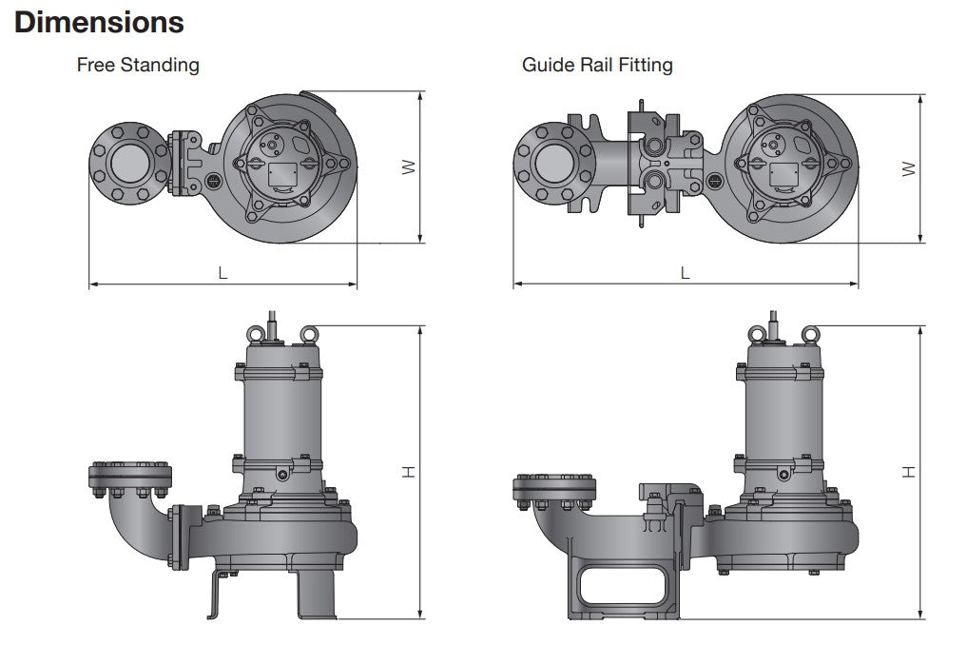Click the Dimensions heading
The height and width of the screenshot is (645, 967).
100,21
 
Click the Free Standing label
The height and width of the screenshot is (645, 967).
138,65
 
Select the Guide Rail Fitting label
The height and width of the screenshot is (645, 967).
597,65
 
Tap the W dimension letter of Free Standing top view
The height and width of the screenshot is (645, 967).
408,166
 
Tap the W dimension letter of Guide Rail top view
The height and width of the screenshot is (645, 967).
909,168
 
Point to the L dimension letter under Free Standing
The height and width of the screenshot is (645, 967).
222,272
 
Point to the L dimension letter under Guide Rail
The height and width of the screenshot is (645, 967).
685,272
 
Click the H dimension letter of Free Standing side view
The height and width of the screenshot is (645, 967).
408,471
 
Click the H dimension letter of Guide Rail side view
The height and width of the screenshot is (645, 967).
909,471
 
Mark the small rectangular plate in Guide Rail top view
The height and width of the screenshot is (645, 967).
783,175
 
